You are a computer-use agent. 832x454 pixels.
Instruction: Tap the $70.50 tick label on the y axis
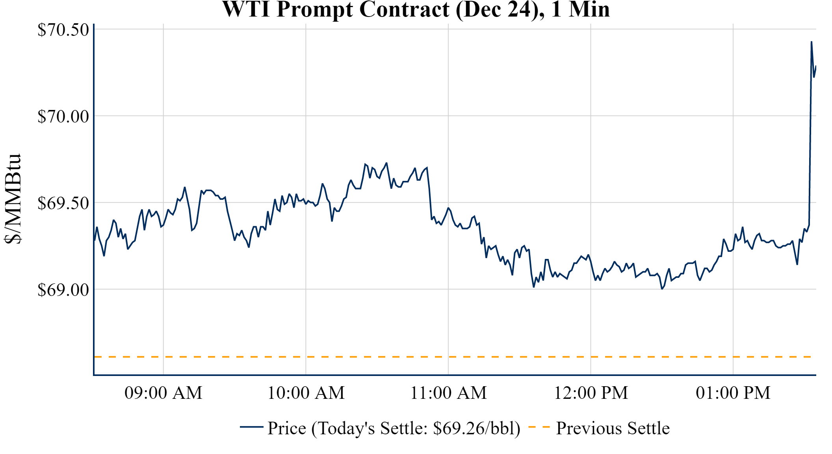click(63, 30)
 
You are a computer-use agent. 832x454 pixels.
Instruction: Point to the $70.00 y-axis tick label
click(63, 117)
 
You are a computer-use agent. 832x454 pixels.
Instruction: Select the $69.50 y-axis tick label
click(63, 203)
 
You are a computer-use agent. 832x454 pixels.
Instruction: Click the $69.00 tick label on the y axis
click(63, 290)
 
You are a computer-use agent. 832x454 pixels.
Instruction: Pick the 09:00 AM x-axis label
click(163, 393)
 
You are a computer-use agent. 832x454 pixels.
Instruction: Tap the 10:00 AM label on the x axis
click(306, 393)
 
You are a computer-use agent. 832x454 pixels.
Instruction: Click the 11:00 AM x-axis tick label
click(448, 393)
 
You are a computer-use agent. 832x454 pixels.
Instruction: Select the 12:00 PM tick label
click(591, 393)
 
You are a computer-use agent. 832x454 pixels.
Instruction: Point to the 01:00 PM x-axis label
click(733, 393)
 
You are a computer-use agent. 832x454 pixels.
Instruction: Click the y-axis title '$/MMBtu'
click(13, 199)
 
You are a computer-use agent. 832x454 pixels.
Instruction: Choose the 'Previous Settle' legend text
click(613, 428)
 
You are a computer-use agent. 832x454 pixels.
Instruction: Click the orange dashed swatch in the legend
click(539, 427)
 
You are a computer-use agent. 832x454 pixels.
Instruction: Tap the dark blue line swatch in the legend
click(251, 427)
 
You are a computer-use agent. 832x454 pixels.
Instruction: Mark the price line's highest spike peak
click(812, 42)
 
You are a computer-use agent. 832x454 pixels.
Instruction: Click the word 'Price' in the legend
click(287, 428)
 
